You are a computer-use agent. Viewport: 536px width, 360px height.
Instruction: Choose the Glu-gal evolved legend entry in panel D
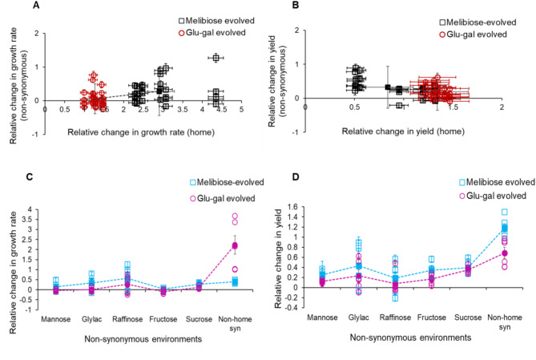(489, 196)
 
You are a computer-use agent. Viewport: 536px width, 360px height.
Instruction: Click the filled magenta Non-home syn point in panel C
(236, 245)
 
